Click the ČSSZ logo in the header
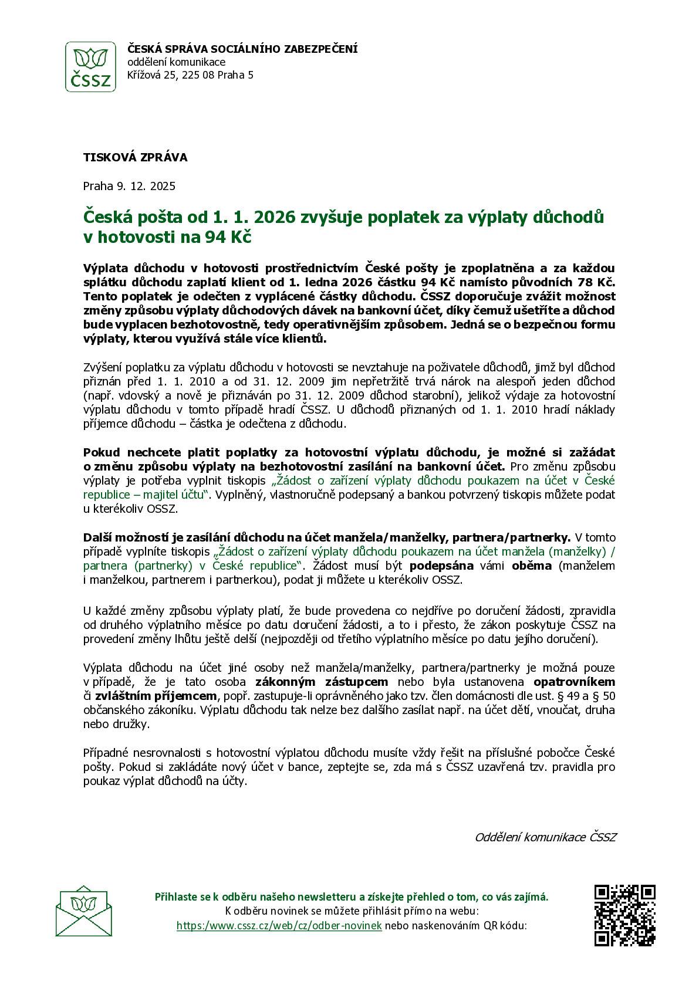coord(90,66)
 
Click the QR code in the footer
coord(624,915)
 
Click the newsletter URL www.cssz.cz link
coord(279,925)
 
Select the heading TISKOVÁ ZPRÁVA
coord(136,157)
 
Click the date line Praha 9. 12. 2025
coord(129,187)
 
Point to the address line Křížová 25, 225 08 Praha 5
coord(191,75)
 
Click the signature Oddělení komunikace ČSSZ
coord(545,837)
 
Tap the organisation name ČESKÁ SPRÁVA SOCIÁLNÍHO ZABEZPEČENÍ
coord(242,49)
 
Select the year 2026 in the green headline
coord(275,218)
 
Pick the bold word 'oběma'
coord(532,566)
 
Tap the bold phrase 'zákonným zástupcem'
coord(322,682)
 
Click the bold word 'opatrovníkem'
coord(574,682)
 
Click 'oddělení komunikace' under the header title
coord(177,62)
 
